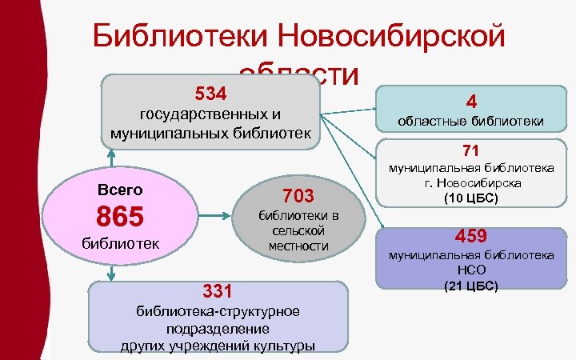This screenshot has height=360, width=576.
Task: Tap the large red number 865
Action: click(x=120, y=216)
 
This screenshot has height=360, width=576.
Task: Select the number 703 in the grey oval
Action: click(x=298, y=195)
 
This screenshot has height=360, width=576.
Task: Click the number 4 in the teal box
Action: click(x=472, y=102)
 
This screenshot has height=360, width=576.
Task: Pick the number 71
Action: click(x=470, y=150)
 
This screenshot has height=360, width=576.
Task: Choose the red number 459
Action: click(x=471, y=237)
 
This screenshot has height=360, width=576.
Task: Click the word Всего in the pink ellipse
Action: click(x=119, y=190)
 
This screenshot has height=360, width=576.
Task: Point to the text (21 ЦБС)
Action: click(x=471, y=285)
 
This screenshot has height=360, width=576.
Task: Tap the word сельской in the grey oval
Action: click(x=298, y=230)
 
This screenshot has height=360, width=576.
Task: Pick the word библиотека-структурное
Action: click(x=218, y=311)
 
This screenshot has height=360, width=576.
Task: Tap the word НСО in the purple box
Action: click(x=471, y=270)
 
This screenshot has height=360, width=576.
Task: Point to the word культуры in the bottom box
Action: click(x=283, y=346)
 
